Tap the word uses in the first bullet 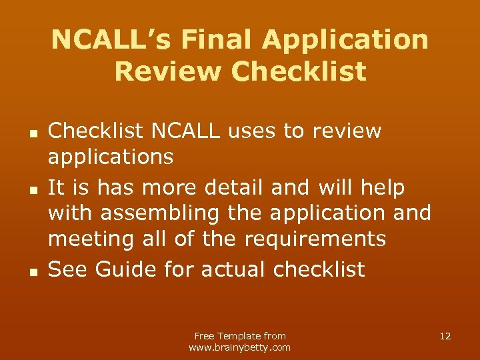(x=252, y=131)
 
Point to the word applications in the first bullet (x=111, y=157)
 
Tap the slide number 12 (x=445, y=336)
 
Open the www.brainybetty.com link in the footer (x=240, y=347)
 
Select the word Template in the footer (x=239, y=336)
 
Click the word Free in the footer (x=205, y=336)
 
